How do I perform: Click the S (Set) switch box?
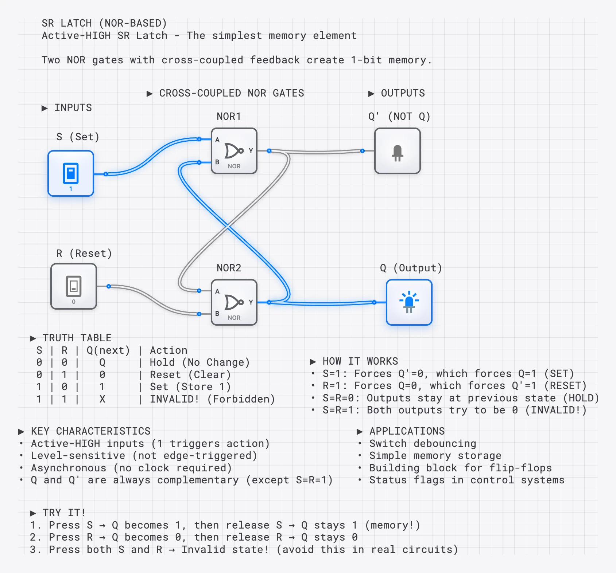71,173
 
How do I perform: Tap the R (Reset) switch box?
74,286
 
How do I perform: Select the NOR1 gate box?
234,151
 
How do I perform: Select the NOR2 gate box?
234,302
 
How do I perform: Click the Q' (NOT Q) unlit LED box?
398,151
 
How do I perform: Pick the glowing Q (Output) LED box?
409,302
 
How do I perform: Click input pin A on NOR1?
199,139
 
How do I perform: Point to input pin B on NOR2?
199,314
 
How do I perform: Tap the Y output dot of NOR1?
269,151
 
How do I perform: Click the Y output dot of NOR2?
269,302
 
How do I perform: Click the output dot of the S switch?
106,174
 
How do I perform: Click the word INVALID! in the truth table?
174,399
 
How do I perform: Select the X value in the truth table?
102,399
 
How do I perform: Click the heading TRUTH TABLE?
77,338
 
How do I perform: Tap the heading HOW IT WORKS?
360,361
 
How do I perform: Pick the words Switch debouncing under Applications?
423,444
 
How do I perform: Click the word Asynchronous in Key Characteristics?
69,468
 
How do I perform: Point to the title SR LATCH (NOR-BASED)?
104,23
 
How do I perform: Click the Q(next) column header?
108,350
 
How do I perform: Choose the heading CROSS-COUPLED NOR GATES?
231,93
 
